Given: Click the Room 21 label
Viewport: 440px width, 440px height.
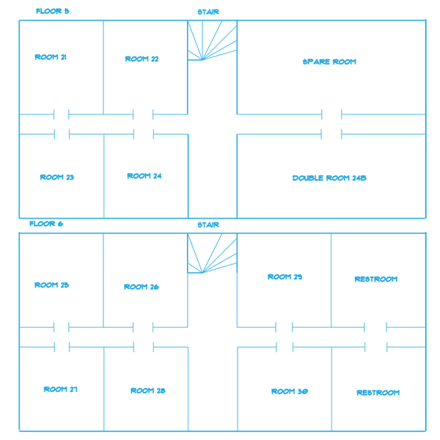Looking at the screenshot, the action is point(51,57).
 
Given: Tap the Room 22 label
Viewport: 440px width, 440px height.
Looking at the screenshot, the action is point(142,59).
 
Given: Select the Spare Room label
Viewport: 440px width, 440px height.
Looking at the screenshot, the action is point(329,62).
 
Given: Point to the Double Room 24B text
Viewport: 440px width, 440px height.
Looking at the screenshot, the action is point(329,178).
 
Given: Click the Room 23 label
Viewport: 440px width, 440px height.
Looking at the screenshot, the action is point(57,177).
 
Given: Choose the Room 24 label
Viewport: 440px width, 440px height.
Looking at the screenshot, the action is point(144,176).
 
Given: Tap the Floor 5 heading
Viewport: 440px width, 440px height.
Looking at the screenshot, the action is point(53,11).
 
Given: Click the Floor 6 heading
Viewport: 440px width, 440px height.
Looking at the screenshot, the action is point(46,224).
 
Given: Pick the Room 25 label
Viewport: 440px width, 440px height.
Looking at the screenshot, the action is point(51,285).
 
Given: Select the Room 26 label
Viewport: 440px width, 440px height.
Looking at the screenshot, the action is point(142,287).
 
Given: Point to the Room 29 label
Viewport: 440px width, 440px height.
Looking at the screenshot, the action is point(285,277).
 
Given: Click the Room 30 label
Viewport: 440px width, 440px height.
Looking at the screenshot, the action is point(290,392).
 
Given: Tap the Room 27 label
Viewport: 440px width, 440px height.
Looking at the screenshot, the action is point(61,389).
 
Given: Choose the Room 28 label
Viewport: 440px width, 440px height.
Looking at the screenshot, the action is point(148,391).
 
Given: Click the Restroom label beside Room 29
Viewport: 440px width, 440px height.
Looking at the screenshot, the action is point(376,279).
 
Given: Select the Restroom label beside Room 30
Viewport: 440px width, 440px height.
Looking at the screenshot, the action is point(378,392).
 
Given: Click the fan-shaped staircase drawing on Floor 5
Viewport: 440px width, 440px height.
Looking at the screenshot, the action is point(212,40).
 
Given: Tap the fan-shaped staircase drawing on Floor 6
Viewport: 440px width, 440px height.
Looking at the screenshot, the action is point(212,253).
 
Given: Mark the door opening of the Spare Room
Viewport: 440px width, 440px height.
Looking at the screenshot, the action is point(331,114).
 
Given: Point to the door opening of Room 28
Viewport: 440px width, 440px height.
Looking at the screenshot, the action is point(144,347).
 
